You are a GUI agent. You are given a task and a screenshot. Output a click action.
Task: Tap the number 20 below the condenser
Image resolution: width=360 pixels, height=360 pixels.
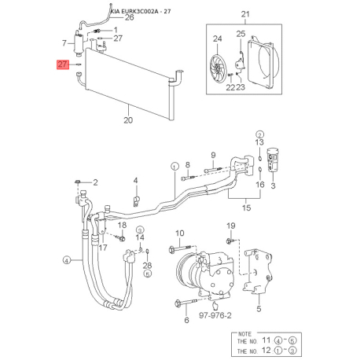128,119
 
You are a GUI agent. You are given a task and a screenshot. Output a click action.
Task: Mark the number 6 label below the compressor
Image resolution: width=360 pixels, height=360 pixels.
186,321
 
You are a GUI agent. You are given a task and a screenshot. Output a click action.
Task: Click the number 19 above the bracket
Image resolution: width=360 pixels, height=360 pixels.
230,227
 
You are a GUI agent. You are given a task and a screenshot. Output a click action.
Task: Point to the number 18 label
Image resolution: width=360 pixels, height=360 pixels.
122,226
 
